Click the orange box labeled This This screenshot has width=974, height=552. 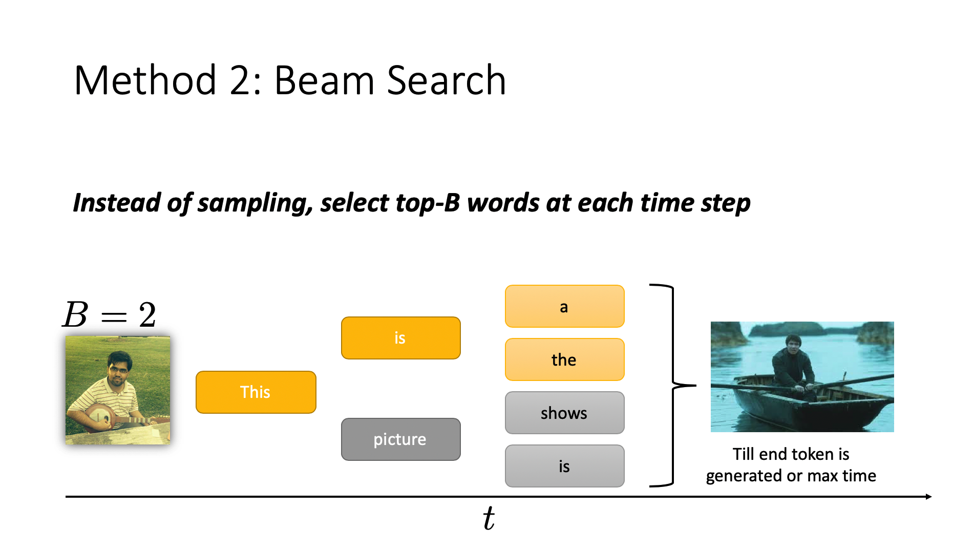[256, 392]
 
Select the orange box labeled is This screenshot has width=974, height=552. [401, 338]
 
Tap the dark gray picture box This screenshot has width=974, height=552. [401, 439]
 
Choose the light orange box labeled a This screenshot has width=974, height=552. [565, 306]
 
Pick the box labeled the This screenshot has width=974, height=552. [565, 359]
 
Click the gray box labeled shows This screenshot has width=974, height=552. [565, 413]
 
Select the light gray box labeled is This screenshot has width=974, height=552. [565, 466]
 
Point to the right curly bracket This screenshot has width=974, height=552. [672, 385]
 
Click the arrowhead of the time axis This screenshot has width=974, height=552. [928, 497]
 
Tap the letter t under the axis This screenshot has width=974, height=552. [489, 518]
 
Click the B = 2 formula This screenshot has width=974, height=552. [109, 314]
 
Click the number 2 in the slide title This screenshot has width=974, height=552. [240, 80]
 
